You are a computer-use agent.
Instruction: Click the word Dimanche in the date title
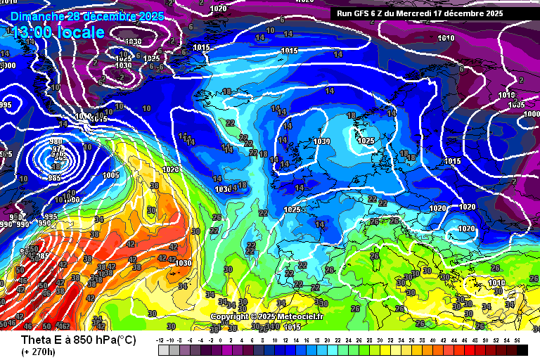(35, 15)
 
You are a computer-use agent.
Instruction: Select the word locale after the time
(83, 32)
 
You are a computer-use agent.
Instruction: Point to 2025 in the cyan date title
(150, 15)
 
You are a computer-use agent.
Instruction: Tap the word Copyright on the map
(230, 317)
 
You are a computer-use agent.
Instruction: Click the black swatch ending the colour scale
(521, 349)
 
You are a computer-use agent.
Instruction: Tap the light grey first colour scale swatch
(164, 349)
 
